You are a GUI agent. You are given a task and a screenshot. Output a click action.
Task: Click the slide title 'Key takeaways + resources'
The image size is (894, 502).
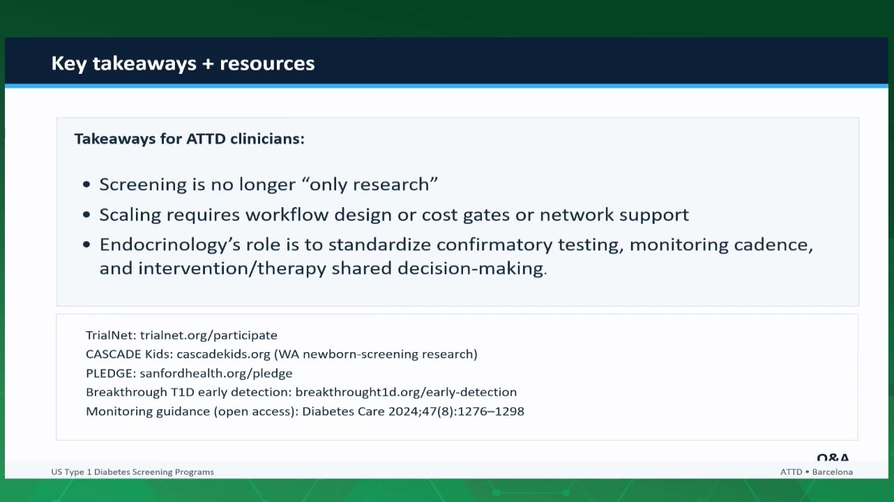point(183,63)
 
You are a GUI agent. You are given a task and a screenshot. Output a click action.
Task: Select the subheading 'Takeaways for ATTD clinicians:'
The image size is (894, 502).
point(189,139)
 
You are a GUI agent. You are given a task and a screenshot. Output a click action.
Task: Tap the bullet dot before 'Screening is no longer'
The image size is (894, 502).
point(86,184)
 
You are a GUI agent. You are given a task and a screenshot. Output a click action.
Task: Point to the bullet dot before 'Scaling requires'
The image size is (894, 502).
point(86,215)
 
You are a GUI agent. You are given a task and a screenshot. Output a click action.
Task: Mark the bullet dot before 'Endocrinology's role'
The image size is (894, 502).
point(86,244)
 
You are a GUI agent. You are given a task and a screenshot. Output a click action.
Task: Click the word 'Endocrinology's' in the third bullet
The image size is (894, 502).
point(170,245)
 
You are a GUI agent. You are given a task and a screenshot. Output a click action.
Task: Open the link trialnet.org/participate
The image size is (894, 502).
point(209,335)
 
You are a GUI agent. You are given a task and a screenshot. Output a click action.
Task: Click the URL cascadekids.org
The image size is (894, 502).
point(223,354)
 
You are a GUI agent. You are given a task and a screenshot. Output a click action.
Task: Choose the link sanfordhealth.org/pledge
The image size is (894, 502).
point(216,374)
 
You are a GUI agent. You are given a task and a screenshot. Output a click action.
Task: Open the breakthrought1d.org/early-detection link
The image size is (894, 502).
point(406,393)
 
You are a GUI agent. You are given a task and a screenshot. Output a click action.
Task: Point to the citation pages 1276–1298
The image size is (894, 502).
point(490,411)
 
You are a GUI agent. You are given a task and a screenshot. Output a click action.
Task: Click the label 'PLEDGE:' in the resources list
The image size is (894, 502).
point(111,374)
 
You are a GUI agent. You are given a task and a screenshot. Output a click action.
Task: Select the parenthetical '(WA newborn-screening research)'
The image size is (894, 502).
point(376,354)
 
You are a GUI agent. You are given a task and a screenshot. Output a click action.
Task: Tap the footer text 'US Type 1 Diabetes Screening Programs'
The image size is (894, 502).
point(132,472)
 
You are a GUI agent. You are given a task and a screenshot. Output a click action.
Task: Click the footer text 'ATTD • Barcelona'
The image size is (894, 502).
point(817,472)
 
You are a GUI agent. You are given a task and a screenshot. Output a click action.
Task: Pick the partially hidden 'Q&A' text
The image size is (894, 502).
point(833,457)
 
